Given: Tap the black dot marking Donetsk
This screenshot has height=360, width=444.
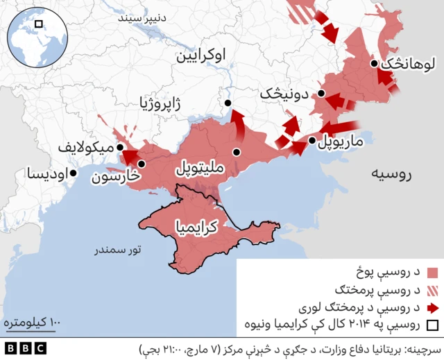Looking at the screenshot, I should pos(323,93).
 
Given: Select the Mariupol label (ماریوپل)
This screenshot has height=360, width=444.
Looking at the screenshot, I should pos(341,143).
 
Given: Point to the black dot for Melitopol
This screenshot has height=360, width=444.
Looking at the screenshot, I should pos(237,152).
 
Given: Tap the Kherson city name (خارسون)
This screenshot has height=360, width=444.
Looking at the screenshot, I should pos(116,176).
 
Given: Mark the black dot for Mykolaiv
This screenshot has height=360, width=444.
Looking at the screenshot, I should pos(120,148).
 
